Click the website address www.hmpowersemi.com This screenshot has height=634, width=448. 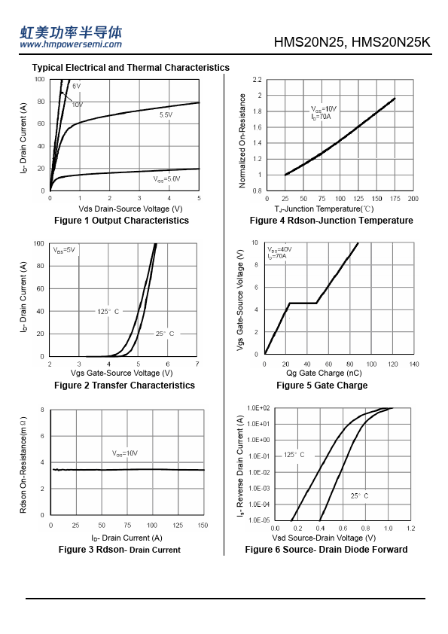71,44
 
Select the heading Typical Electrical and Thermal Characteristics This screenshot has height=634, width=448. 130,68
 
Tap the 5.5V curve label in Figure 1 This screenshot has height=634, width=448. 166,115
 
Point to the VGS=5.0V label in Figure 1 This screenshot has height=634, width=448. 166,178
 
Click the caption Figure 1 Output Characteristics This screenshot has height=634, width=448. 121,221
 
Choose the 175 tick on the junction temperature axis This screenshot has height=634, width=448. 395,199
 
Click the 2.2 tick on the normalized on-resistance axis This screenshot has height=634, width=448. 258,80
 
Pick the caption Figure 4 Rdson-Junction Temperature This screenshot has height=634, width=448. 331,221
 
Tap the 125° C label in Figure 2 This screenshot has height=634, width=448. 108,311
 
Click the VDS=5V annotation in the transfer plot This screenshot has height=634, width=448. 64,250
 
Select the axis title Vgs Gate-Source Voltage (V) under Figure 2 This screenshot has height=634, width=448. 122,373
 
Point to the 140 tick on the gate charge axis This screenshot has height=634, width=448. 414,364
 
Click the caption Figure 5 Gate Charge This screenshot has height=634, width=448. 322,386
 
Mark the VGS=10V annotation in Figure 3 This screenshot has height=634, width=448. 125,453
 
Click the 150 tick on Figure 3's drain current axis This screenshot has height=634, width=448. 203,526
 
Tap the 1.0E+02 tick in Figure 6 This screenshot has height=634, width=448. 258,408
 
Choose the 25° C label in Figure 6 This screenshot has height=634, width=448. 359,495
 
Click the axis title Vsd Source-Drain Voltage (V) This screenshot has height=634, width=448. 324,538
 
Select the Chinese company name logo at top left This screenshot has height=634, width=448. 71,32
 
